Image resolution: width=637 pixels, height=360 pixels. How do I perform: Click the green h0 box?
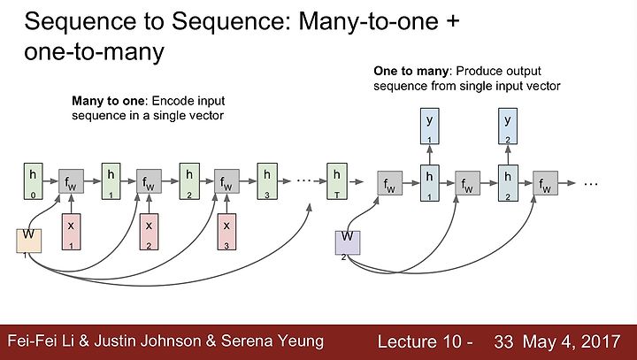pyautogui.click(x=33, y=181)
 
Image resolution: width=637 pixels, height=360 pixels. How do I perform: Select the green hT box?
pyautogui.click(x=337, y=181)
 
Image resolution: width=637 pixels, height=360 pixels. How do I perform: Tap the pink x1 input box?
pyautogui.click(x=71, y=232)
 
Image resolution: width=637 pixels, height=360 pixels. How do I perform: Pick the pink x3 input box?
pyautogui.click(x=226, y=232)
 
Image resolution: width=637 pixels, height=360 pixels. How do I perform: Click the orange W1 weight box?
pyautogui.click(x=28, y=241)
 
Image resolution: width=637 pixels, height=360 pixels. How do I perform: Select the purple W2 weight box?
pyautogui.click(x=348, y=243)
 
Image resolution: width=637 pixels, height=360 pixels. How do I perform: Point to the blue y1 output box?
pyautogui.click(x=429, y=126)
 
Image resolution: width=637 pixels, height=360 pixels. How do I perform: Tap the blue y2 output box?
pyautogui.click(x=508, y=126)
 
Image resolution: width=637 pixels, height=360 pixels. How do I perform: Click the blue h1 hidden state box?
pyautogui.click(x=429, y=183)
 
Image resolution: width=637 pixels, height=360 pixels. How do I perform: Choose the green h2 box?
pyautogui.click(x=189, y=181)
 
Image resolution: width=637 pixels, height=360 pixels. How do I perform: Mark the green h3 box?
pyautogui.click(x=267, y=181)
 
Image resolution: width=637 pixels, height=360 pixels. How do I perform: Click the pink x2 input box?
pyautogui.click(x=149, y=232)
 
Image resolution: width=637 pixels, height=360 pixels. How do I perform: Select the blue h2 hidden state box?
pyautogui.click(x=508, y=183)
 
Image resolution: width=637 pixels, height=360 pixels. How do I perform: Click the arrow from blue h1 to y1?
pyautogui.click(x=429, y=155)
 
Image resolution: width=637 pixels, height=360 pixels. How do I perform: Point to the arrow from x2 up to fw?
pyautogui.click(x=149, y=203)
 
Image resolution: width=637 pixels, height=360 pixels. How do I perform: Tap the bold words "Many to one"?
pyautogui.click(x=108, y=101)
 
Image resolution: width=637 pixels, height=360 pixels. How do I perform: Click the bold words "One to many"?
pyautogui.click(x=411, y=71)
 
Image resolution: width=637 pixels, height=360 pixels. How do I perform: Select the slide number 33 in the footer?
pyautogui.click(x=503, y=341)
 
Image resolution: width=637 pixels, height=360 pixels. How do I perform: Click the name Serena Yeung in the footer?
pyautogui.click(x=272, y=341)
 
